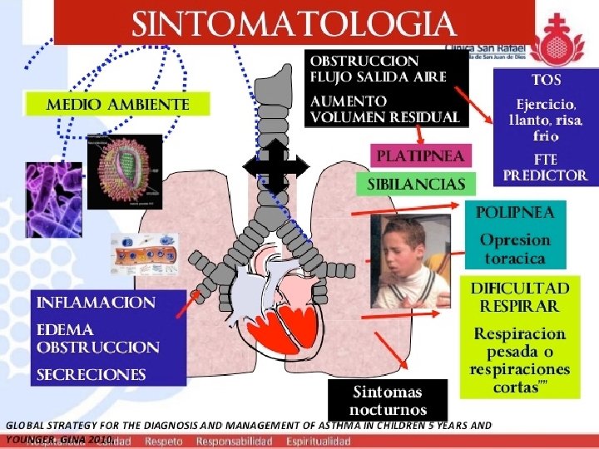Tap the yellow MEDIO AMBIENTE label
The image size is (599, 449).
point(117,105)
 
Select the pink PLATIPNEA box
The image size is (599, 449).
point(421,155)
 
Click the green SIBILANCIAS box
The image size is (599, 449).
point(416,183)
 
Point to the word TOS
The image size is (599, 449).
point(547,81)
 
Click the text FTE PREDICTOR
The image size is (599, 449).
point(546,167)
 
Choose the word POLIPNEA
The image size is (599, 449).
point(514,212)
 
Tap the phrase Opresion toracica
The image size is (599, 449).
point(514,249)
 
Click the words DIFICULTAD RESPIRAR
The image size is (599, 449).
point(520,296)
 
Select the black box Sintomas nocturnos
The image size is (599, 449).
point(387,401)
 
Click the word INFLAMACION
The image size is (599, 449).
point(96,303)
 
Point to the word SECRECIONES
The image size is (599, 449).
point(91,375)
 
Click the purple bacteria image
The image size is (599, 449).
point(52,199)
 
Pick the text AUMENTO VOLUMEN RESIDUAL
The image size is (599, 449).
point(384,108)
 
